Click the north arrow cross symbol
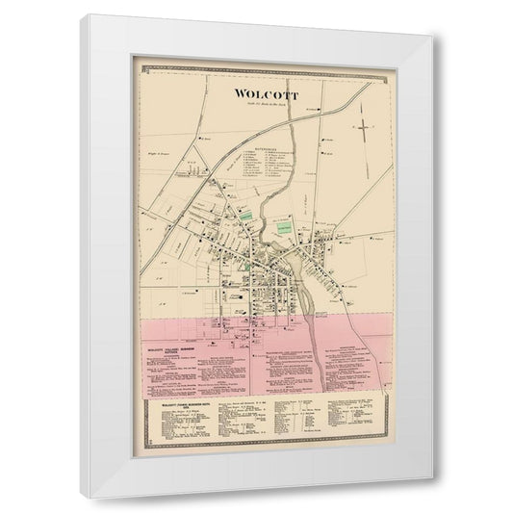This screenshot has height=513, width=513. [x=366, y=127]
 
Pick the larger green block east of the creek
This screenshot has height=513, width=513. [x=286, y=228]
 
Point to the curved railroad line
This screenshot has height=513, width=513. [x=318, y=120]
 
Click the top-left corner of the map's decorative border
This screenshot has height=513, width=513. [x=141, y=70]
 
